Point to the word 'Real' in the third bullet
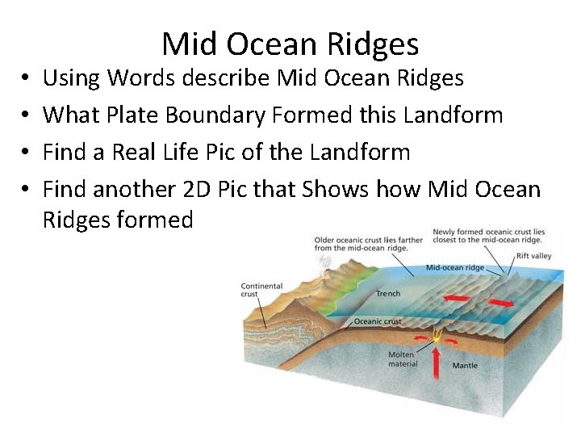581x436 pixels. [132, 152]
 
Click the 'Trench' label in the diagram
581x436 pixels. [387, 294]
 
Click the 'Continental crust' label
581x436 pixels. [261, 290]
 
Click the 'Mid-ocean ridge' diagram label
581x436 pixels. [454, 267]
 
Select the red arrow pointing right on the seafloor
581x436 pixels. [500, 304]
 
